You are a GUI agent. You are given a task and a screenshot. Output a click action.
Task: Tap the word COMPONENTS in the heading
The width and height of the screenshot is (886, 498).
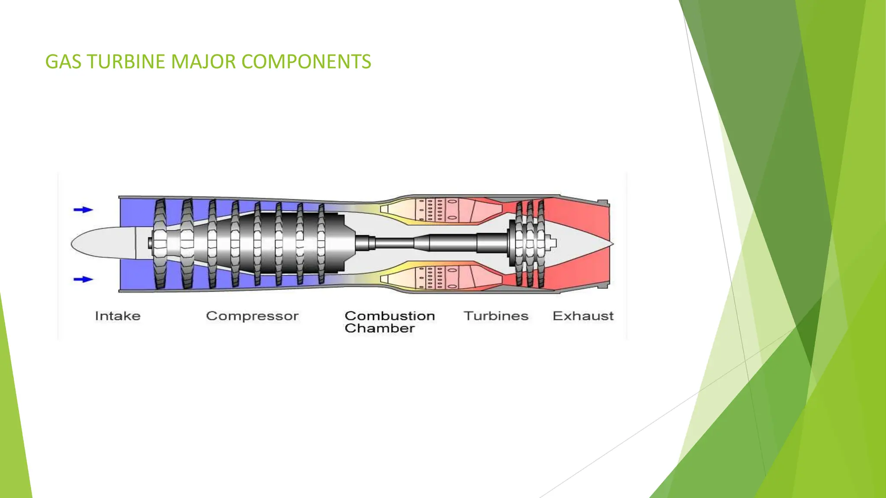point(306,62)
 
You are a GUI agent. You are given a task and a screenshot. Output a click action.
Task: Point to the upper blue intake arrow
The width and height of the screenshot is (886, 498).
point(83,210)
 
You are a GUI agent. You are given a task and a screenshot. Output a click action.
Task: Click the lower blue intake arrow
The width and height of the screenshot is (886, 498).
point(83,279)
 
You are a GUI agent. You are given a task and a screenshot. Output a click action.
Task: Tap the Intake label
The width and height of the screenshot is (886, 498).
point(118,316)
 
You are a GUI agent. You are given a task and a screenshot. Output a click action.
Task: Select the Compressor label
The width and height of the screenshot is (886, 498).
point(252,316)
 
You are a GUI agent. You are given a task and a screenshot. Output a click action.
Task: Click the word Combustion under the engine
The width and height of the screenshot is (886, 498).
point(390,316)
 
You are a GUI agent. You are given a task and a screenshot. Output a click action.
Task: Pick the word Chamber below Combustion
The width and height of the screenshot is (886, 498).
point(380,329)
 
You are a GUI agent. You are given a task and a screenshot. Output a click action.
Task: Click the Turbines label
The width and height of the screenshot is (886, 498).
point(496,316)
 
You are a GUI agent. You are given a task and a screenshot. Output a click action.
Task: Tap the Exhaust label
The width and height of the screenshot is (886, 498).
point(583,316)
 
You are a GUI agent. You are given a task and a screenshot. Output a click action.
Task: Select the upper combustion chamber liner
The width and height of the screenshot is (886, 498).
point(437,210)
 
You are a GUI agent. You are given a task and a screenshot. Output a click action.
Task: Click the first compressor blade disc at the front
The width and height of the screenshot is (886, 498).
point(160,243)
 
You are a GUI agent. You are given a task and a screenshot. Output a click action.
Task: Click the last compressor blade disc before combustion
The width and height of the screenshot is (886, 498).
point(321,243)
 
